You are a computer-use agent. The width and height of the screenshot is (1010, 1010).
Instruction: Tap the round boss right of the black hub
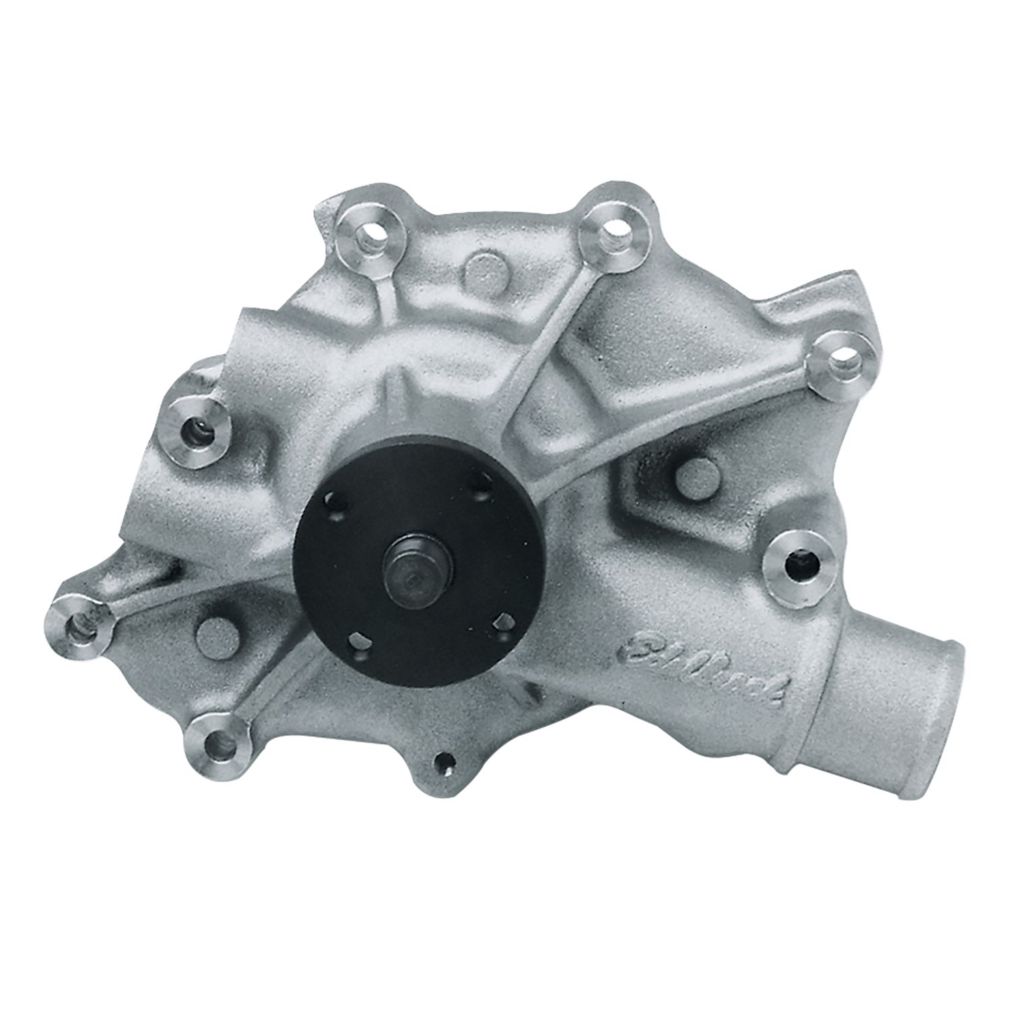tap(694, 475)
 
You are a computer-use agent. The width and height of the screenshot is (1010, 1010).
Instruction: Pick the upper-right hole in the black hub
tap(482, 486)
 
